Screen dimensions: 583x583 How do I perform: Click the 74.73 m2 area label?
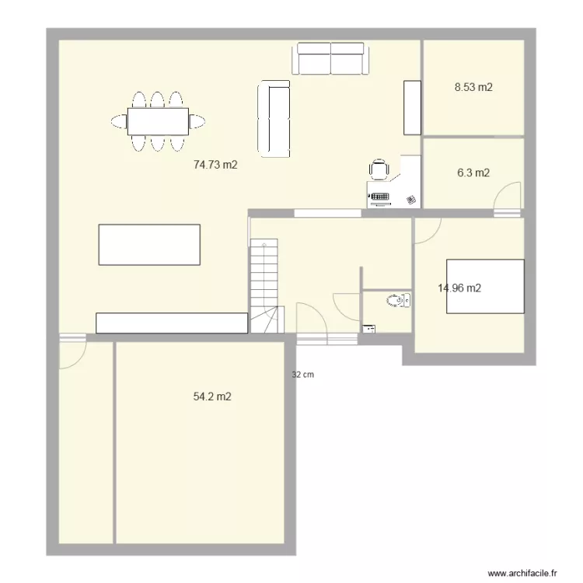point(215,165)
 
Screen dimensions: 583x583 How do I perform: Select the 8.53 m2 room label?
point(473,88)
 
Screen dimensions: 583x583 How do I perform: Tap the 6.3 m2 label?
point(473,173)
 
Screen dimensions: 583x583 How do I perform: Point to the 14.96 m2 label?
point(459,288)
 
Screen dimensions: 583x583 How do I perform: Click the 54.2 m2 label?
point(212,396)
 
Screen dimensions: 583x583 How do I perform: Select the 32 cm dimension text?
point(302,375)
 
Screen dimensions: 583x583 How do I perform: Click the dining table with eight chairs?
point(159,121)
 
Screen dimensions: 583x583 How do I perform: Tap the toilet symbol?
point(399,300)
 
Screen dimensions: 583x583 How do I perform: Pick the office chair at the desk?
point(379,170)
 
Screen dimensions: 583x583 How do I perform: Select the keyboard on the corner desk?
point(379,198)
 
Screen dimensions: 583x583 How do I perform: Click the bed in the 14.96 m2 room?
point(484,287)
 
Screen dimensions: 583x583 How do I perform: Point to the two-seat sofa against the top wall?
point(331,59)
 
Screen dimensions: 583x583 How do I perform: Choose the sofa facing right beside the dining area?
point(274,118)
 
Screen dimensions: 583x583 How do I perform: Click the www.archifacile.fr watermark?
point(522,572)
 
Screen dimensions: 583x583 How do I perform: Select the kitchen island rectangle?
point(148,245)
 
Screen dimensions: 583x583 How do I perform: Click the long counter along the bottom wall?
point(171,323)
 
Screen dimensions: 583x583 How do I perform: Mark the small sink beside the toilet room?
point(368,329)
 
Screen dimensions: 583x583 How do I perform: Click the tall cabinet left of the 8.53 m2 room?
point(411,106)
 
